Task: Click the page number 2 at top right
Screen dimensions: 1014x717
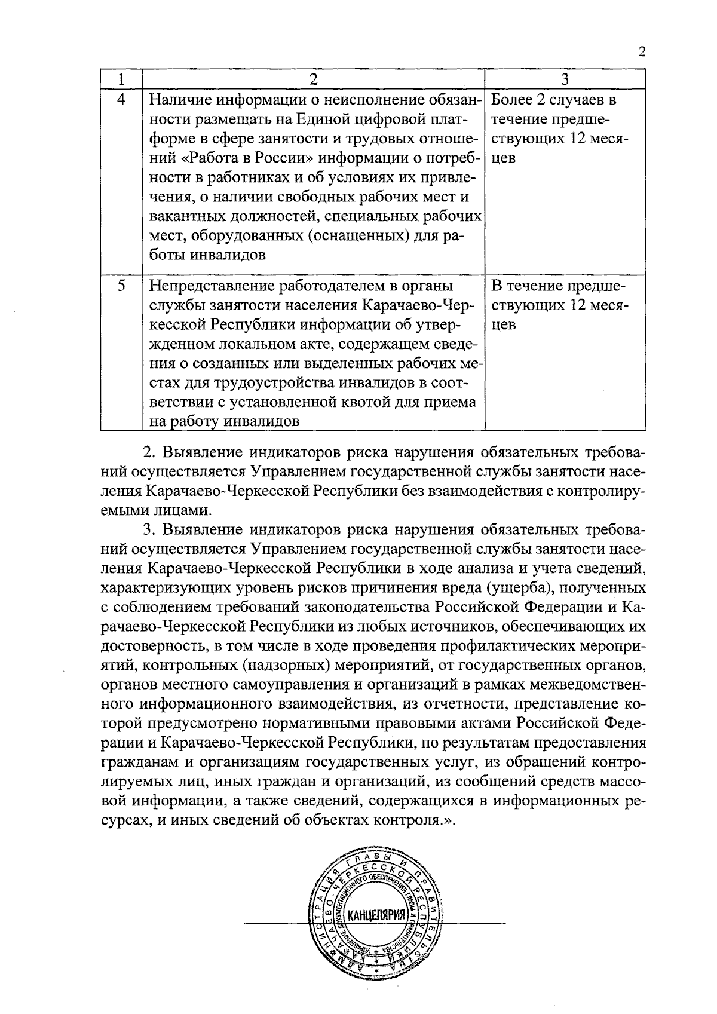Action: point(642,51)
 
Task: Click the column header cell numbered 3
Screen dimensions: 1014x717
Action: point(565,79)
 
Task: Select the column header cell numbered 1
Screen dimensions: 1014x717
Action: point(121,79)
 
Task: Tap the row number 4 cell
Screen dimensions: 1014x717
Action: point(121,100)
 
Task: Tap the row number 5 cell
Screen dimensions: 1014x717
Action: point(121,286)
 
